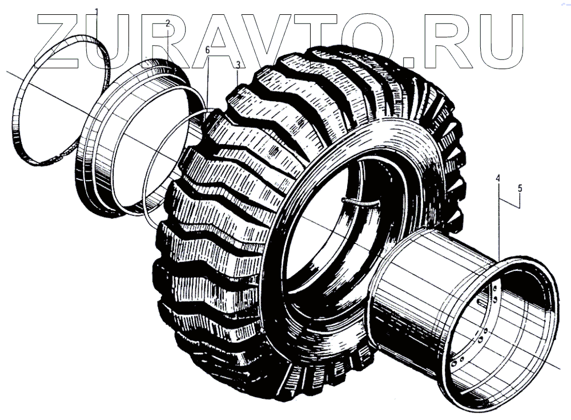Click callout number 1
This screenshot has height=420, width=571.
tap(96, 10)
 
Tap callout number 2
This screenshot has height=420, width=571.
tap(167, 23)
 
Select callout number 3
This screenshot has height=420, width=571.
tap(238, 65)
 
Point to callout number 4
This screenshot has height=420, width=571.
tap(498, 179)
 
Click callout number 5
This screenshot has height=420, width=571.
tap(520, 189)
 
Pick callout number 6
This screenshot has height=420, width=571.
tap(208, 50)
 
